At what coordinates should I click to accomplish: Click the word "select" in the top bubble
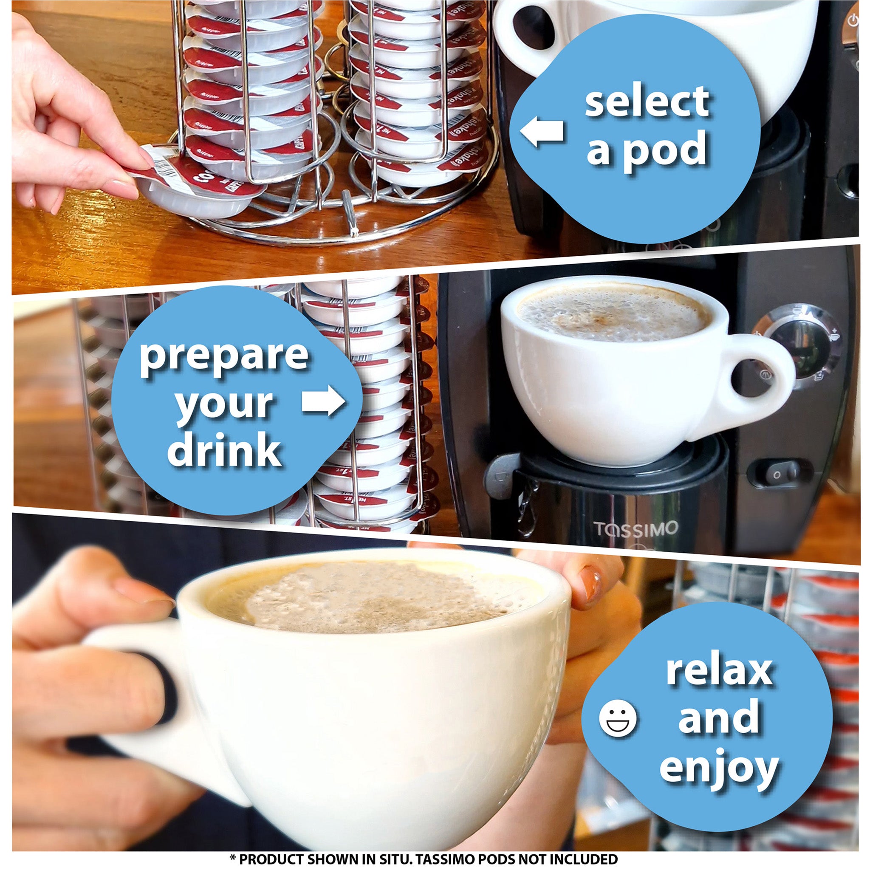click(647, 102)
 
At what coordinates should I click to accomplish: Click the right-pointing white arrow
click(323, 400)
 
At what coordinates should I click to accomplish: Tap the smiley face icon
click(618, 718)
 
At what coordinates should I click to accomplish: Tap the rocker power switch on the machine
click(780, 474)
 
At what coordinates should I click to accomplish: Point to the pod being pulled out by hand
click(194, 185)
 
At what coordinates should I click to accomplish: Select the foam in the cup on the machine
click(613, 311)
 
